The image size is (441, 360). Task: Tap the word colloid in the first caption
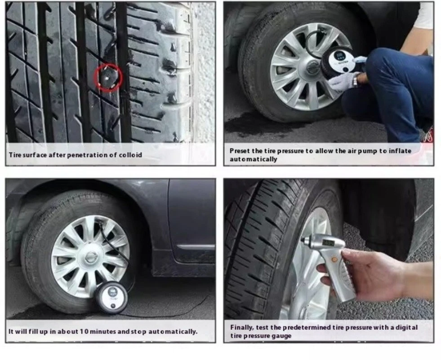130,155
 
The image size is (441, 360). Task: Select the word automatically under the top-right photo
253,159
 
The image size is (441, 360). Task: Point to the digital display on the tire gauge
328,243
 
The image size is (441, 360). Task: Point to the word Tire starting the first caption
15,155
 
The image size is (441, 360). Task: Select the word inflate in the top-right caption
400,151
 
